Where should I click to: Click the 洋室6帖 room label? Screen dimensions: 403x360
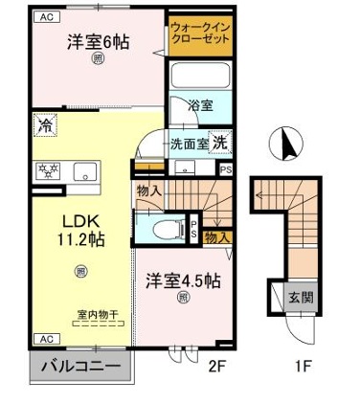99,43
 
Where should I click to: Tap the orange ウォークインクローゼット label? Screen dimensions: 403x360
199,35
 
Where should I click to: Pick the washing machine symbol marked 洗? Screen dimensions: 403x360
219,142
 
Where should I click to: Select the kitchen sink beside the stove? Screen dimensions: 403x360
85,173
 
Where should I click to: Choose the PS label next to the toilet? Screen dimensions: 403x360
192,230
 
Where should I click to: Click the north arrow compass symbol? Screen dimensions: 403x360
282,146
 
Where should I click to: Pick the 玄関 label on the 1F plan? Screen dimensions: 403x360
300,297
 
